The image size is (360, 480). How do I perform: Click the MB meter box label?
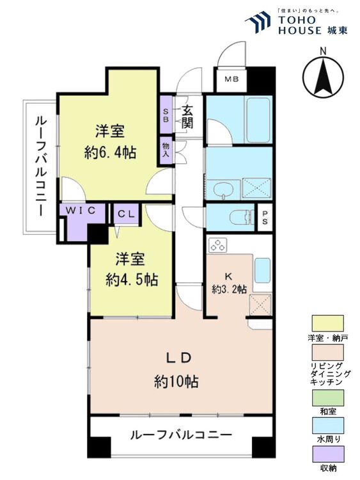pos(231,79)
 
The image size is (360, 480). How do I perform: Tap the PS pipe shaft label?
pos(265,217)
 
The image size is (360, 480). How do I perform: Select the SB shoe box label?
pos(166,115)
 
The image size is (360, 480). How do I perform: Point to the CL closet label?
pos(127,214)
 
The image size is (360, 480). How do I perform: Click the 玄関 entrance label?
pos(187,116)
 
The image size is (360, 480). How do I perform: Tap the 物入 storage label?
pos(165,150)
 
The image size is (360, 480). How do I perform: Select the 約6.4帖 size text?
pos(110,152)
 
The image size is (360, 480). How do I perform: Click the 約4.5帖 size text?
pos(132,279)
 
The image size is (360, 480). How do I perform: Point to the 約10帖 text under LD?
pos(176,381)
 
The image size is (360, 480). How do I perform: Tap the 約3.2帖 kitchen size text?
pos(229,289)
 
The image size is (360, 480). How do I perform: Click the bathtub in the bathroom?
pos(258,120)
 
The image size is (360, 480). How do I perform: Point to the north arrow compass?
pos(323,76)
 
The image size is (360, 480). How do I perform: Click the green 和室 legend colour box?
pos(328,397)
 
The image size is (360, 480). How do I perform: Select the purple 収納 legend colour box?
pos(328,454)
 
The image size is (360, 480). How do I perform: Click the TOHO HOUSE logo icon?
pos(258,22)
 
